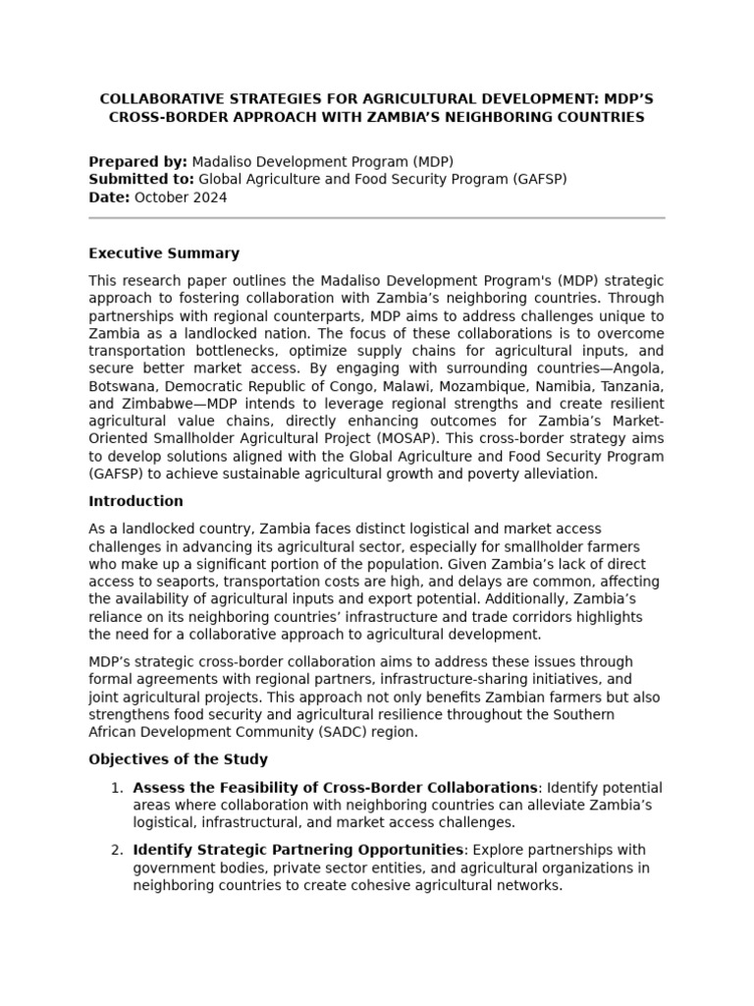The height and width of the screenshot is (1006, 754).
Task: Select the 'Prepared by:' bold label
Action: [137, 161]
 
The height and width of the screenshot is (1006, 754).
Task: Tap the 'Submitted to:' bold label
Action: [141, 179]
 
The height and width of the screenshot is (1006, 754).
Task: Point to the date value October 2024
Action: [180, 196]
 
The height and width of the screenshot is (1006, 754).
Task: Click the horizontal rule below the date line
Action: [376, 218]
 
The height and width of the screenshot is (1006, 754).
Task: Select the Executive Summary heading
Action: [163, 253]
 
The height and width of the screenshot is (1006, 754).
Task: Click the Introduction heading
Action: [135, 501]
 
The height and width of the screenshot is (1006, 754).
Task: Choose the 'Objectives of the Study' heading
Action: [178, 759]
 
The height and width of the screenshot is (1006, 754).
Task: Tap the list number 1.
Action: [117, 788]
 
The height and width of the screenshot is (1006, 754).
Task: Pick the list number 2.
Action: [117, 850]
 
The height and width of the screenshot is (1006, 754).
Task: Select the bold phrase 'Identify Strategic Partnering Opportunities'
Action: [297, 850]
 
